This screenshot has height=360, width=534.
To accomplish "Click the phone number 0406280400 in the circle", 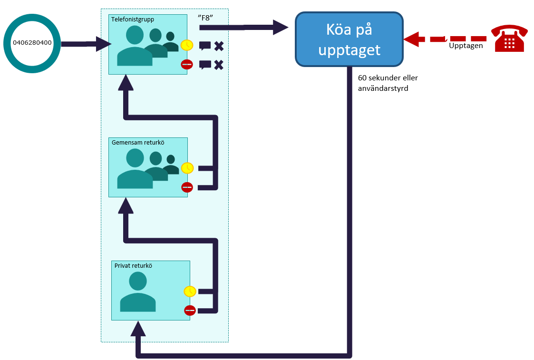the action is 32,43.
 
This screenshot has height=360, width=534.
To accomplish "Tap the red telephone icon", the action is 509,38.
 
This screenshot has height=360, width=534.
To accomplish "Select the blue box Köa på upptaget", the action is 349,39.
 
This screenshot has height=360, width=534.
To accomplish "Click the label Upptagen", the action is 466,46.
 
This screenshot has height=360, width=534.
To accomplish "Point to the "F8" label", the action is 205,18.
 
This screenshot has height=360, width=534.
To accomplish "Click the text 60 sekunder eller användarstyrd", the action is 388,83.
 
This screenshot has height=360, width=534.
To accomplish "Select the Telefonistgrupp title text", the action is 133,19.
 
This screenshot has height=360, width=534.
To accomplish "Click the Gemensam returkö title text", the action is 138,142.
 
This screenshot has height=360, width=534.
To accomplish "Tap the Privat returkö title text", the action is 133,266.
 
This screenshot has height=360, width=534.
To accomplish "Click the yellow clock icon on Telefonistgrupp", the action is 186,45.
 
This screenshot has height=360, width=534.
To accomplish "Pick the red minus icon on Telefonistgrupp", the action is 186,64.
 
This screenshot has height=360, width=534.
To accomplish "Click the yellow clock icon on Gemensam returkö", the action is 187,168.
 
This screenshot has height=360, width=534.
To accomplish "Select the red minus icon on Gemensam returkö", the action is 187,187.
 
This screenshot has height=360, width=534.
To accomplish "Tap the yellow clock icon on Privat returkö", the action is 190,291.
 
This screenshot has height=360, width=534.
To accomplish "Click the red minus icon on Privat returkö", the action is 190,310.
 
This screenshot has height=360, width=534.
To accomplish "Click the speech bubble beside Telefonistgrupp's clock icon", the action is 204,46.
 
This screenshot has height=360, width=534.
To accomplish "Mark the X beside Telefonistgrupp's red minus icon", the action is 219,65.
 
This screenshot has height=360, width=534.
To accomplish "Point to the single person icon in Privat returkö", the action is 138,293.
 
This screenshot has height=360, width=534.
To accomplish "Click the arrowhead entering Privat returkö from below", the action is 138,329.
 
